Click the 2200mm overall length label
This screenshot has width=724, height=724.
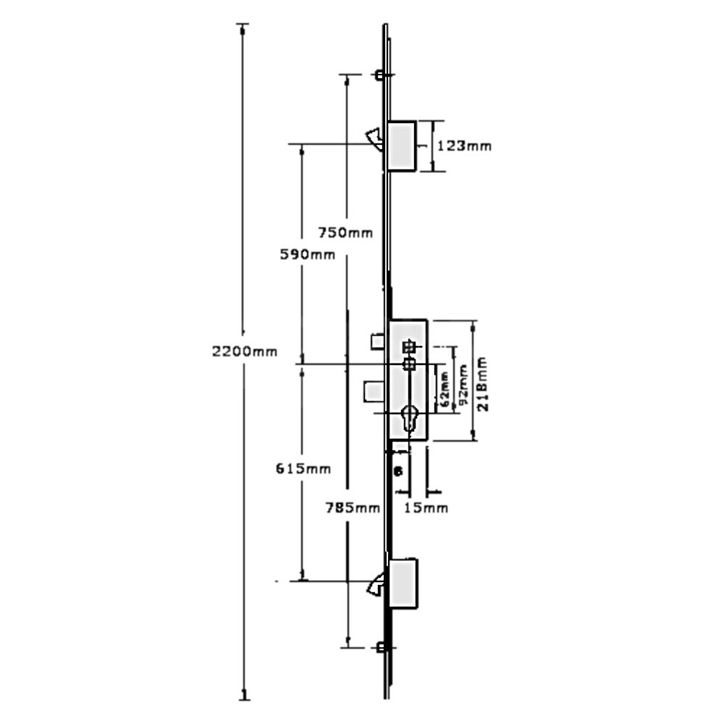point(245,352)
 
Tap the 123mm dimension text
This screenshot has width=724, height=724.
point(464,146)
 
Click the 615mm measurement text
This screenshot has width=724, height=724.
point(303,468)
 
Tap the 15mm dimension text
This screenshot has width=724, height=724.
point(426,508)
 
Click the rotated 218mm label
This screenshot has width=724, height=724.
point(483,383)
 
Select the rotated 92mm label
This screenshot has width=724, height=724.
point(463,389)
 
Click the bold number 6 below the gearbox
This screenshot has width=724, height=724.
point(397,471)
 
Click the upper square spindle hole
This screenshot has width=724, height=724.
point(408,347)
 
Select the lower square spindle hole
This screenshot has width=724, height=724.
point(408,363)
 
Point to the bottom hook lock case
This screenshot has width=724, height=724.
point(403,583)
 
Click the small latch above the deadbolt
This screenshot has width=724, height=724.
point(378,340)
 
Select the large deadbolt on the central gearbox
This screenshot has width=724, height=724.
point(374,392)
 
